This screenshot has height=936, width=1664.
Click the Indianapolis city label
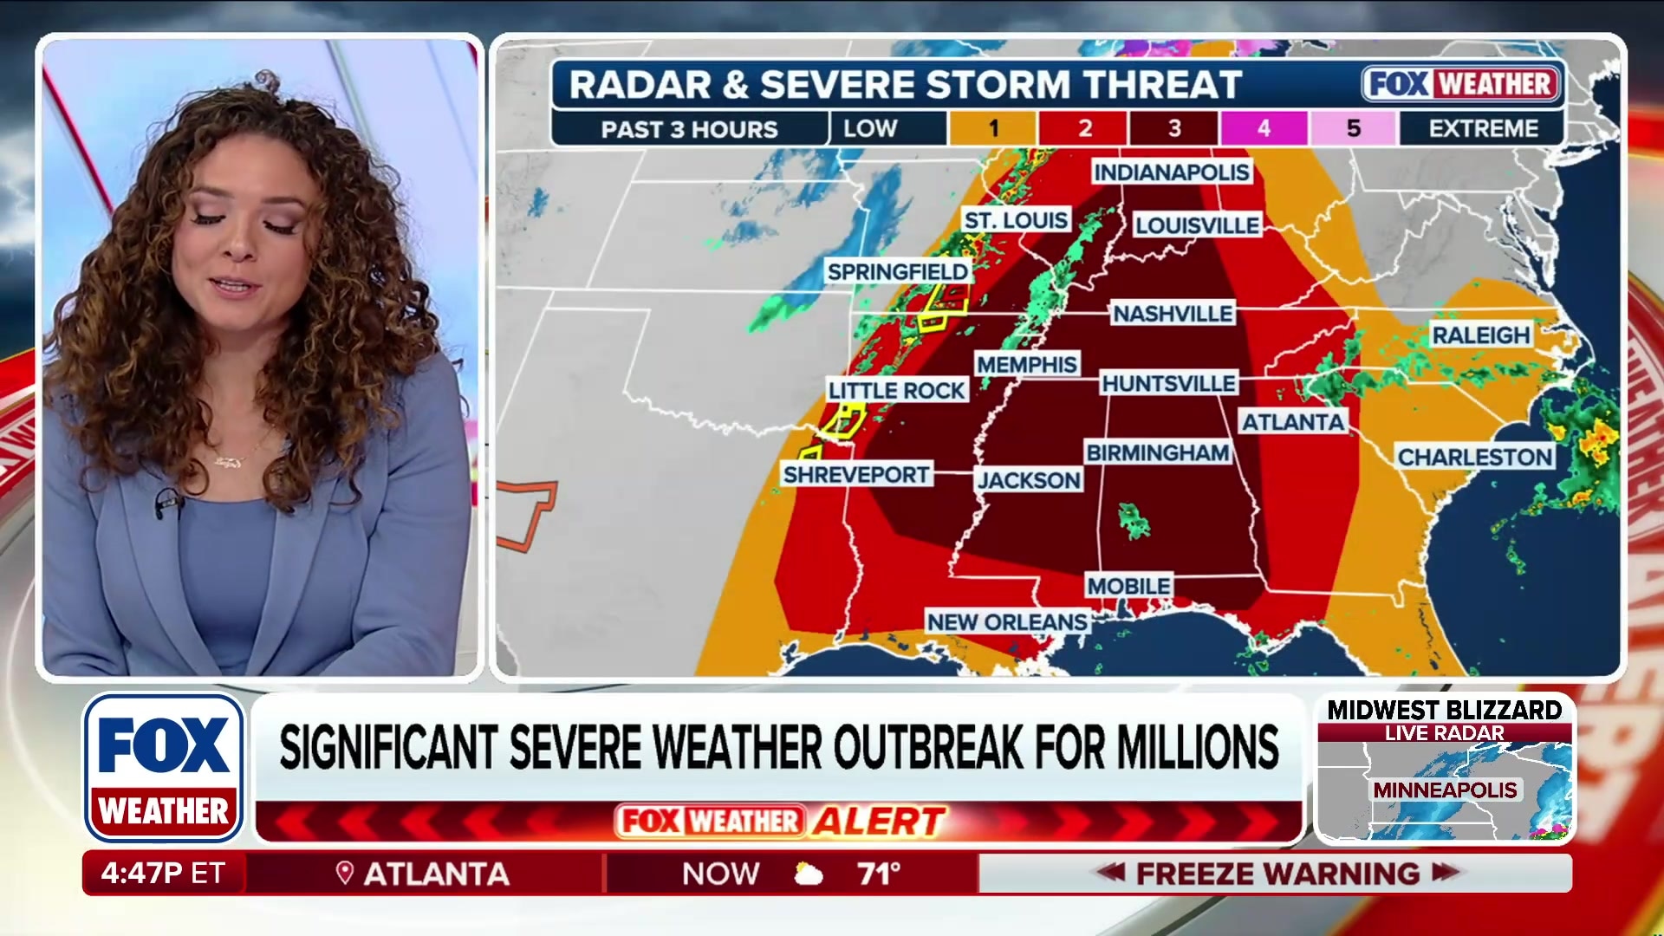(1171, 172)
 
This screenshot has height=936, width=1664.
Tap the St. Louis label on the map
(1016, 220)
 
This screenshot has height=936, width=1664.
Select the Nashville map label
(1173, 313)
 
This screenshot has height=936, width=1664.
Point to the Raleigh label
(1480, 335)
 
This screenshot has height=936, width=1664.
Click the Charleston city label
(1474, 457)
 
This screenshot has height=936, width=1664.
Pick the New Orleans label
(1006, 621)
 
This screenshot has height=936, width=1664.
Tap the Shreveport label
(856, 474)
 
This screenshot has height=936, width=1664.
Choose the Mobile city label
(1128, 586)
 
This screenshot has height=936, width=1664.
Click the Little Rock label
(896, 390)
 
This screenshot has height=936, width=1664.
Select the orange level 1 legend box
(993, 128)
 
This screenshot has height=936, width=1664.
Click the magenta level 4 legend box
(1264, 128)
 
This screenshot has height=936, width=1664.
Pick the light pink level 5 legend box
(1353, 128)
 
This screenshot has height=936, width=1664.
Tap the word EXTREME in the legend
(1483, 128)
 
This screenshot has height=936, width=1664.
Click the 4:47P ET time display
(163, 873)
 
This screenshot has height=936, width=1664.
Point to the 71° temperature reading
(879, 874)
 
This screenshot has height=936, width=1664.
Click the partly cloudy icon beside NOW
(808, 874)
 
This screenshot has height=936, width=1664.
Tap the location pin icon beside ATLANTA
(344, 873)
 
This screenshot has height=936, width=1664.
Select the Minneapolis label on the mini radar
(1445, 790)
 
